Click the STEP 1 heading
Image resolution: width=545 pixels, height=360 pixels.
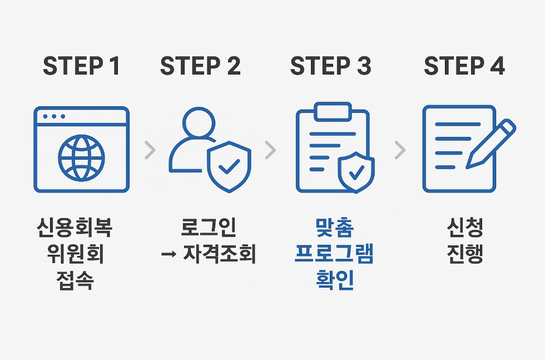[81, 66]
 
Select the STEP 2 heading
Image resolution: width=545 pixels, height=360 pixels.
[200, 66]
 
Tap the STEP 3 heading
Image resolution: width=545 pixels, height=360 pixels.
[330, 66]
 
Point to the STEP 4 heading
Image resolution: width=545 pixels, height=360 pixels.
[464, 66]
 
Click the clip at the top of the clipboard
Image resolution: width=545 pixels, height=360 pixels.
[333, 111]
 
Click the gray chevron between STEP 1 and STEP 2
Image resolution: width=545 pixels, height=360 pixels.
[150, 150]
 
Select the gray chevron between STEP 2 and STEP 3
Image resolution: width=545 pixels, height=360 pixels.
[271, 150]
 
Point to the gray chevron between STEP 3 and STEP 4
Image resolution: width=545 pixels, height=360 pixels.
[400, 150]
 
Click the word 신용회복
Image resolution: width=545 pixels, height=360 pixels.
[81, 228]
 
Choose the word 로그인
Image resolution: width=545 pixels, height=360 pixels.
[209, 228]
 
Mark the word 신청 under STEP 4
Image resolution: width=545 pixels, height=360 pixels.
[465, 228]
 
